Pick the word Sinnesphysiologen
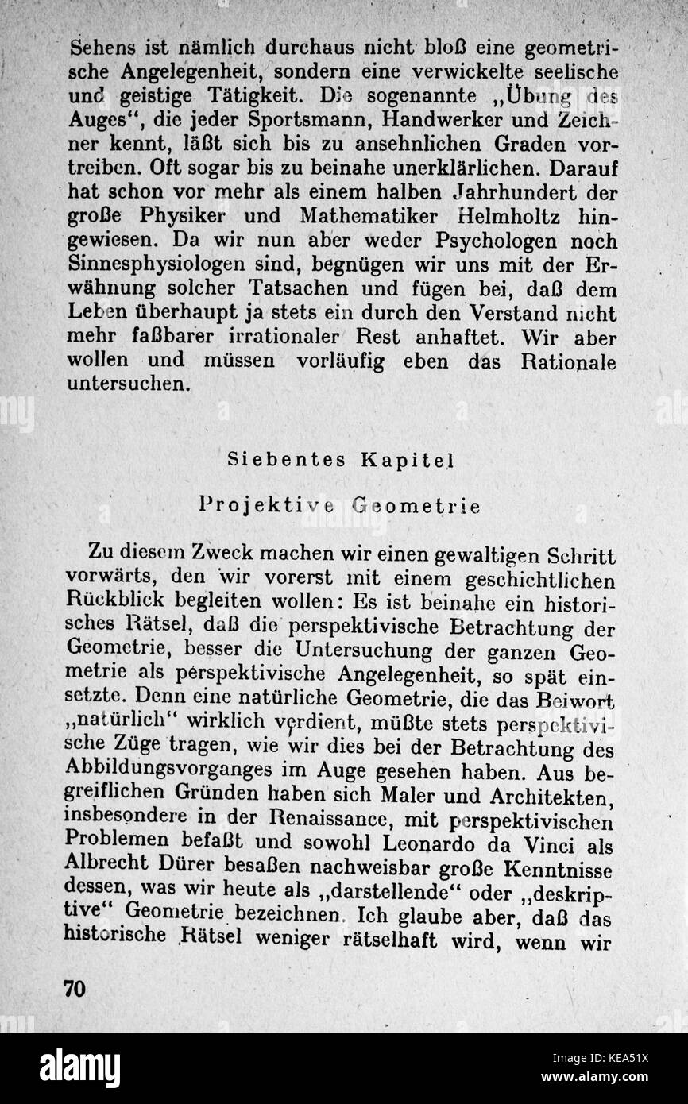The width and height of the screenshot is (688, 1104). coord(164,265)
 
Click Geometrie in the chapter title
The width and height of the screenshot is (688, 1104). coord(416,506)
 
